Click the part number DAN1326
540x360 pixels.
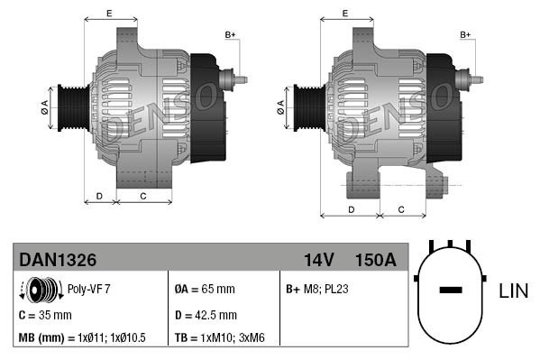58,260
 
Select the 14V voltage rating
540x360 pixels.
318,260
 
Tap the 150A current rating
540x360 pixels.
375,260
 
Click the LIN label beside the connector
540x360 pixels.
513,291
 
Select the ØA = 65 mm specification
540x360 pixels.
204,290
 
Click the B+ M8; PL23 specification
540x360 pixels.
317,290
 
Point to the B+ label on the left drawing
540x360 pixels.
230,35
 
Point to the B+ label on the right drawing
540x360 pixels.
466,35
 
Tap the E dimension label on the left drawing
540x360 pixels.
109,13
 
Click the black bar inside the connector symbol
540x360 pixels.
450,291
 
